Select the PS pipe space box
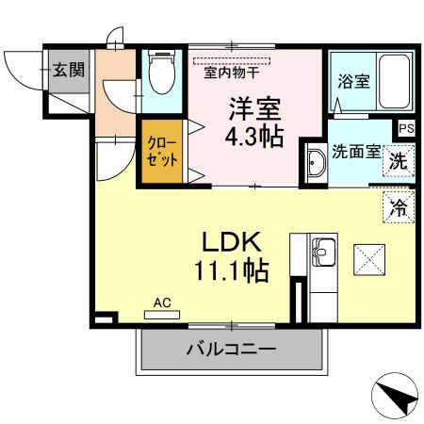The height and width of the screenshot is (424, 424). [x=406, y=129]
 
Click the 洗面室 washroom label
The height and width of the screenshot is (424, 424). [x=355, y=151]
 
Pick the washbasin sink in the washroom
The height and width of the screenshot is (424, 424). [x=315, y=164]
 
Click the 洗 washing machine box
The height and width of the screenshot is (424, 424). [x=400, y=161]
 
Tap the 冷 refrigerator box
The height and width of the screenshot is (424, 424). [x=400, y=206]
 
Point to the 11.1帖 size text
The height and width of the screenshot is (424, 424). [x=232, y=271]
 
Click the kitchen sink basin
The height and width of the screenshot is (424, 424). [x=324, y=253]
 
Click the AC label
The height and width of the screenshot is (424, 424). [x=162, y=303]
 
